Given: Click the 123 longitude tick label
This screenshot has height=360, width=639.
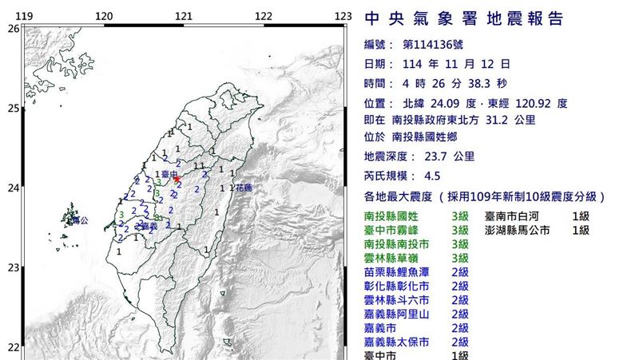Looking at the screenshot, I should click(343, 17).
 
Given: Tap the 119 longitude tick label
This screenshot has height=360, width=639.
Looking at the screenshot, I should click(25, 17).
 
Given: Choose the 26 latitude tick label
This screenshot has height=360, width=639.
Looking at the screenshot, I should click(13, 29).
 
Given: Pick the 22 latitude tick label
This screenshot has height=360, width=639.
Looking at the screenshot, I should click(13, 346).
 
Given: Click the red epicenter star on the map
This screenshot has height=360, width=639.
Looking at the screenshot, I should click(177, 180).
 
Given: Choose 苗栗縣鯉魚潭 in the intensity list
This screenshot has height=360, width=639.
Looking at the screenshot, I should click(401, 272).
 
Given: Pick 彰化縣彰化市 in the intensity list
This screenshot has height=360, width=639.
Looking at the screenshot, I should click(401, 286).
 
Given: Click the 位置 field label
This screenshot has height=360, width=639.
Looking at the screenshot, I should click(379, 103).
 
